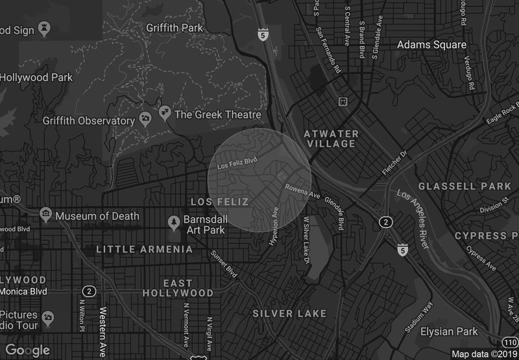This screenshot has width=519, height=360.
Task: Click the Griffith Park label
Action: (x=175, y=28)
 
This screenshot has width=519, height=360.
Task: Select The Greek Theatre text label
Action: (x=217, y=115)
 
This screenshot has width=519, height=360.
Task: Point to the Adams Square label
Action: (x=431, y=45)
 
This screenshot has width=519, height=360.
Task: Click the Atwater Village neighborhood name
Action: (x=331, y=139)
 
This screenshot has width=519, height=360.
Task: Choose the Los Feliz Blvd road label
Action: (x=237, y=160)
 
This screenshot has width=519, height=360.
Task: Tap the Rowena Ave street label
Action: (x=302, y=191)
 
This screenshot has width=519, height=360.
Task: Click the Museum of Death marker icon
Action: (x=45, y=214)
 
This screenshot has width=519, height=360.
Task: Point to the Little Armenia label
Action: (x=144, y=249)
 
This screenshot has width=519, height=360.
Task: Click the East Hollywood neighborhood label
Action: (x=178, y=288)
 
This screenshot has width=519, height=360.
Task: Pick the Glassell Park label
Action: (x=465, y=186)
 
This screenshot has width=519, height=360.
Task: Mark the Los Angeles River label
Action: (x=414, y=220)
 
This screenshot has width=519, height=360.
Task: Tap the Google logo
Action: (x=28, y=350)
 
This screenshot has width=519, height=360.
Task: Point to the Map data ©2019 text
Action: (x=484, y=354)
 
